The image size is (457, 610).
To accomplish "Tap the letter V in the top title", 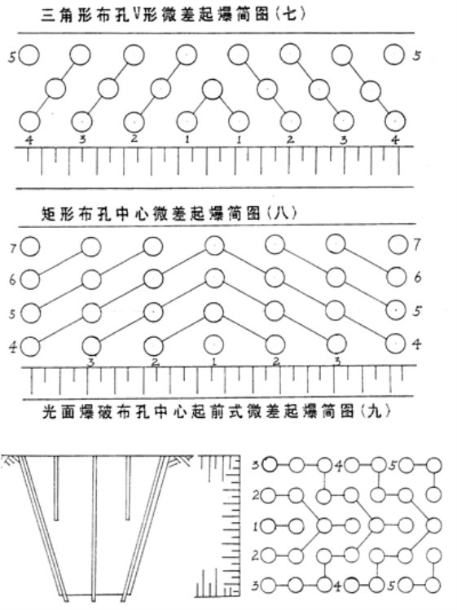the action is tap(136, 13).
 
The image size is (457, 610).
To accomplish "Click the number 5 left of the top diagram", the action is tap(12, 58).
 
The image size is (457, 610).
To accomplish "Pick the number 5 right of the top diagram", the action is tap(417, 55).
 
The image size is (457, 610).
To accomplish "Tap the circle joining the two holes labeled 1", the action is tap(213, 90).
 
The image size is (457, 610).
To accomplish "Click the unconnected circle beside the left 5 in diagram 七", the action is tap(29, 55).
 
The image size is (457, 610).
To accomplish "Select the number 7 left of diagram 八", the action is tap(13, 248).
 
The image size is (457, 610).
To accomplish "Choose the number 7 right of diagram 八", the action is tap(417, 244).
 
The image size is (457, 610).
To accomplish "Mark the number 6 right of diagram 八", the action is tap(418, 278).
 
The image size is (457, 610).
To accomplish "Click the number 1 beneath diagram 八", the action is tap(213, 362).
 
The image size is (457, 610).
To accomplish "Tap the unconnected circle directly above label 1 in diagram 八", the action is tap(213, 344).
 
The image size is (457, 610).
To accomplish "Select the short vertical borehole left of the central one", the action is tap(56, 488).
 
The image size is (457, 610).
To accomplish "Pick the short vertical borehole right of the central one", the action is tap(128, 488).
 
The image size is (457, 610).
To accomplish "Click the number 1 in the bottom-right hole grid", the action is tap(256, 527).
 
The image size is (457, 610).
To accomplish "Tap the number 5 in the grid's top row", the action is tap(393, 465).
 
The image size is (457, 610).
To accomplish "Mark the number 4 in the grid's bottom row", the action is tap(338, 586).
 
